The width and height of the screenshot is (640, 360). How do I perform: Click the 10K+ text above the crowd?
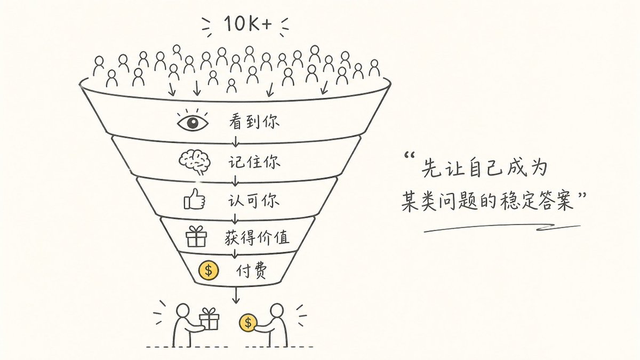tap(247, 23)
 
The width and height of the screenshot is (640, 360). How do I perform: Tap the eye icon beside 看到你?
tap(193, 122)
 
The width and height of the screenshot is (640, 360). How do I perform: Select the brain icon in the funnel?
tap(195, 162)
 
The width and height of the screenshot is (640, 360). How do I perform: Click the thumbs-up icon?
tap(194, 199)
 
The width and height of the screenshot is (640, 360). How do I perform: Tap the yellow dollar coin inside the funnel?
tap(209, 270)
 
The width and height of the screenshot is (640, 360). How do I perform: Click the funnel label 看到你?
tap(254, 122)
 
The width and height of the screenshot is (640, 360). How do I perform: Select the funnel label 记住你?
tap(254, 162)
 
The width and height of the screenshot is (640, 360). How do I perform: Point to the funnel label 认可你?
tap(253, 200)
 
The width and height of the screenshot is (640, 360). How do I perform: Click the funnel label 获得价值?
tap(257, 237)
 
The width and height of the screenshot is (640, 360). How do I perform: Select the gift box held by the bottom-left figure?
tap(209, 318)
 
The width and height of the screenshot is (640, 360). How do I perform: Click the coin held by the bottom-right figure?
tap(247, 323)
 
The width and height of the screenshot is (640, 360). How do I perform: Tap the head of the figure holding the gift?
tap(182, 310)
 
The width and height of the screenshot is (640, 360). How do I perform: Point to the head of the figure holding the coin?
tap(277, 310)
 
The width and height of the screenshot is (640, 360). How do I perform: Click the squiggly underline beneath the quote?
tap(502, 228)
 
